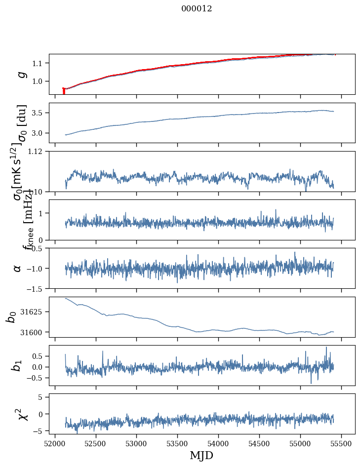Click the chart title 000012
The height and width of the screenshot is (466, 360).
197,8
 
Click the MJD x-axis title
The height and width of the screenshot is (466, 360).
201,455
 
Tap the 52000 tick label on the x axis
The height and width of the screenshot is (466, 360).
55,443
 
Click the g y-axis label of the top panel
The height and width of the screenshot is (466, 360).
21,74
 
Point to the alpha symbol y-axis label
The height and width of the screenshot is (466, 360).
18,268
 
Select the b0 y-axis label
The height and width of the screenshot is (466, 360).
11,317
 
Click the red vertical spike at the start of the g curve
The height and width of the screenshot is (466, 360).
64,91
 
